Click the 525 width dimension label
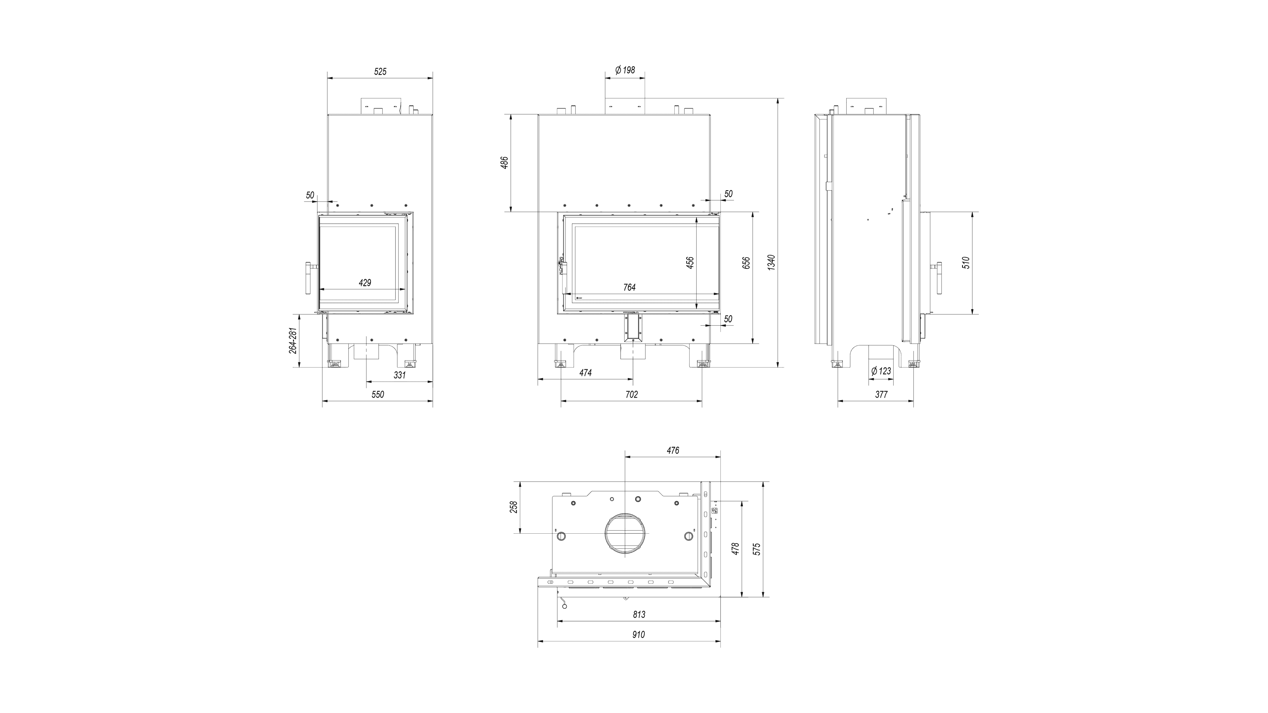pyautogui.click(x=380, y=72)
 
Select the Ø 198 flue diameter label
pyautogui.click(x=625, y=70)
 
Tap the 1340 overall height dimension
pyautogui.click(x=771, y=262)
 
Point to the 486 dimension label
pyautogui.click(x=504, y=163)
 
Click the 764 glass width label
pyautogui.click(x=629, y=287)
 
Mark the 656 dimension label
pyautogui.click(x=746, y=263)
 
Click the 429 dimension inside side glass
pyautogui.click(x=365, y=283)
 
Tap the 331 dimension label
pyautogui.click(x=400, y=375)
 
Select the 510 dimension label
pyautogui.click(x=966, y=263)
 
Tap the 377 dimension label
pyautogui.click(x=881, y=395)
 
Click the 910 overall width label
pyautogui.click(x=639, y=635)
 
